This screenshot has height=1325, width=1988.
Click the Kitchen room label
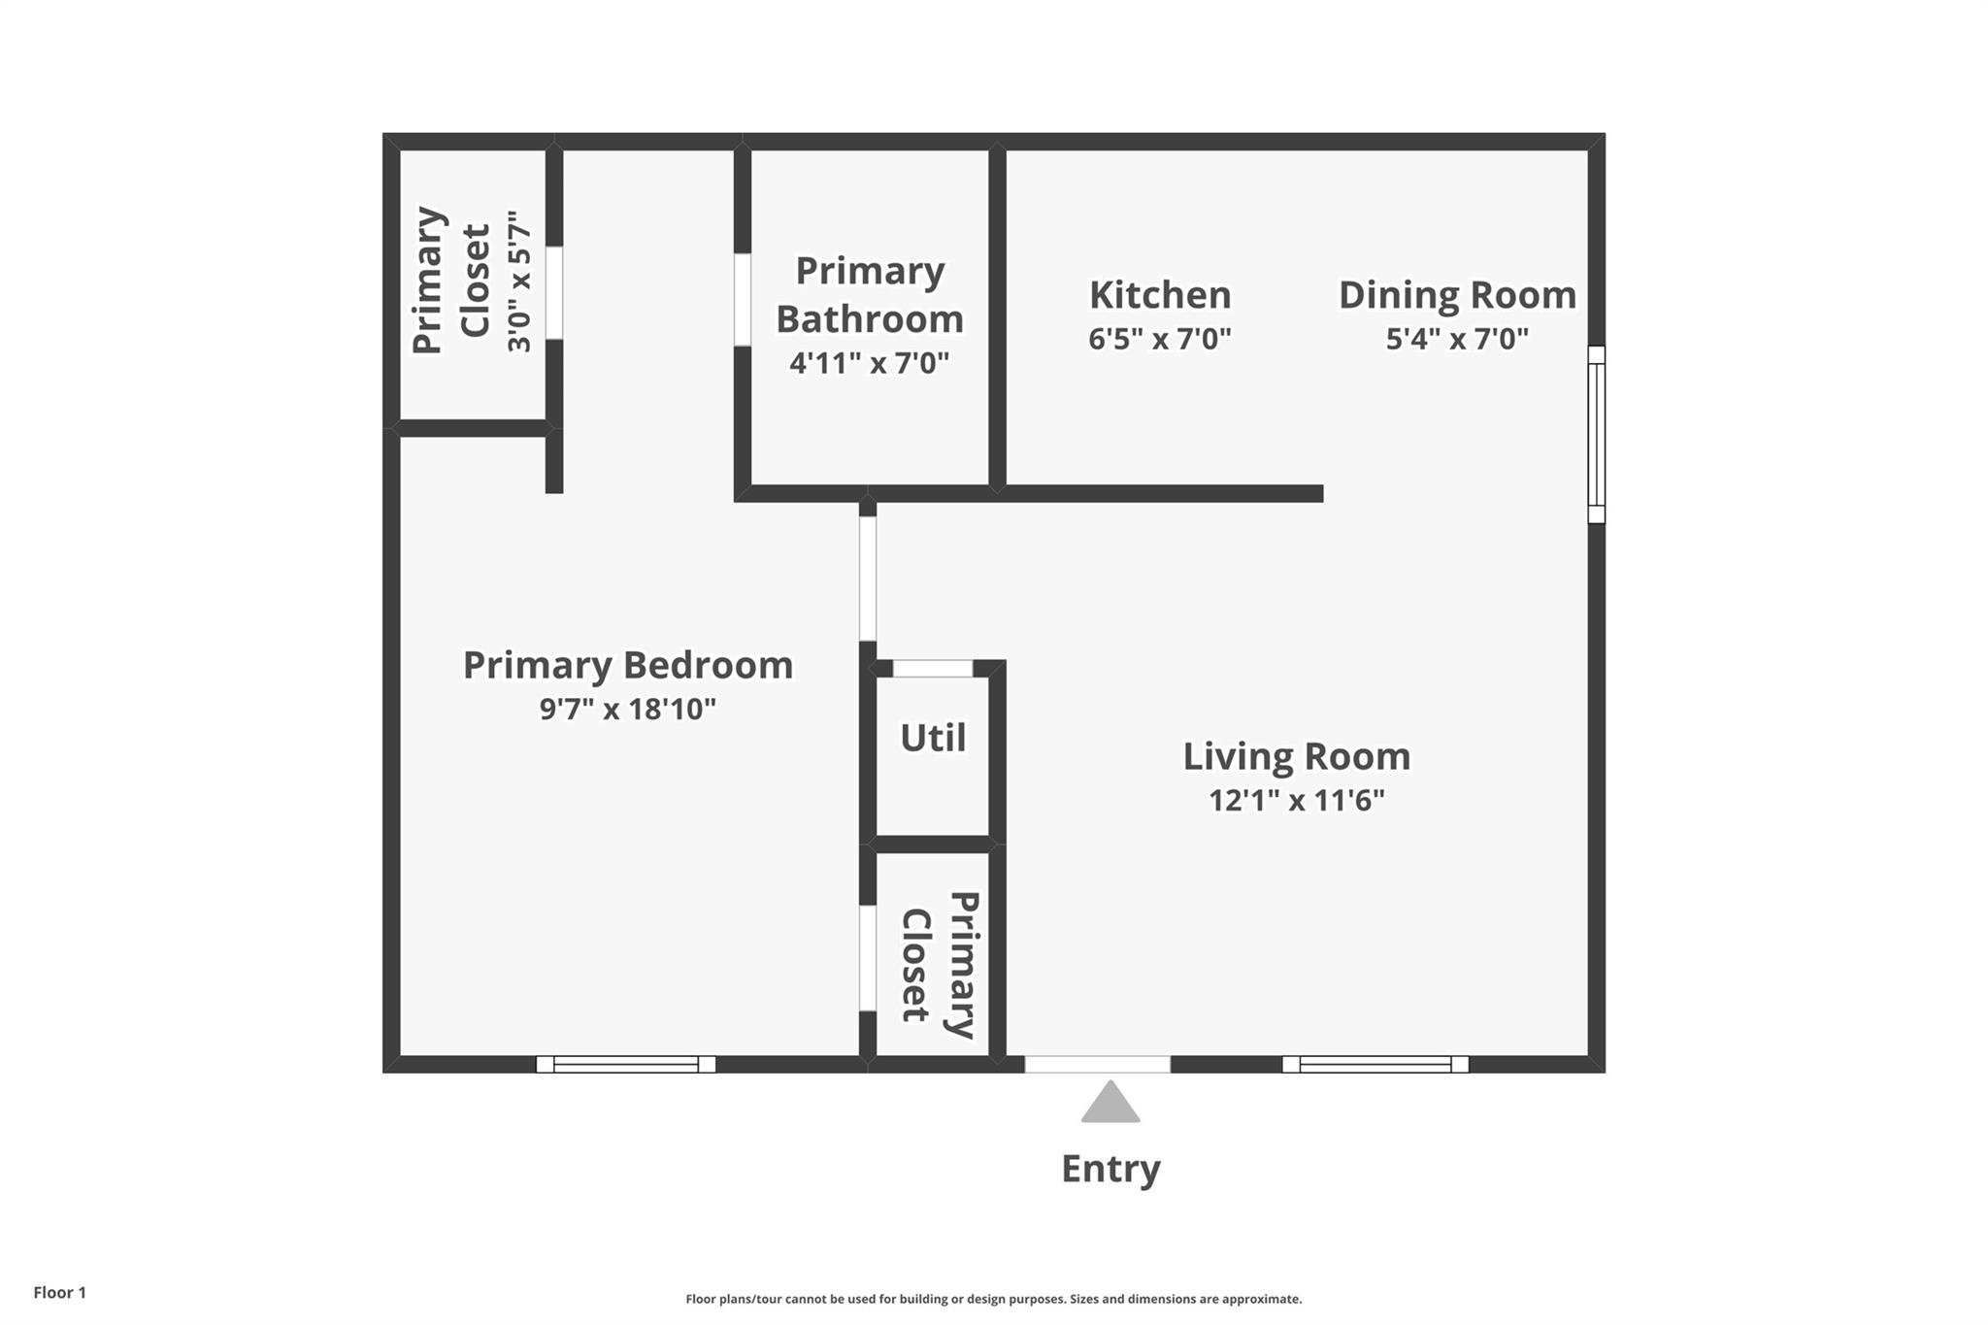coord(1159,295)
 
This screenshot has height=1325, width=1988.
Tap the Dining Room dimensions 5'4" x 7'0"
coord(1456,339)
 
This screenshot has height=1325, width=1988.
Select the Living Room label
coord(1296,756)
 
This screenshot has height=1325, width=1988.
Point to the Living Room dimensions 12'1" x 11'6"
coord(1296,801)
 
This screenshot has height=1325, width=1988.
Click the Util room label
coord(933,738)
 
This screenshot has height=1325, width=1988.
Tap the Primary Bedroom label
coord(628,665)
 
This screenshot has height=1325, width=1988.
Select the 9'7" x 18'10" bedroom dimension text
coord(628,710)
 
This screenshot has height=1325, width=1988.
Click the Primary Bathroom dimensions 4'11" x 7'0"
coord(869,363)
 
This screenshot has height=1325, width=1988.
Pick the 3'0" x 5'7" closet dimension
coord(520,282)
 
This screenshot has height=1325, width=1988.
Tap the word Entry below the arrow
coord(1110,1169)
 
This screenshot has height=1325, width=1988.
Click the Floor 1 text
coord(60,1293)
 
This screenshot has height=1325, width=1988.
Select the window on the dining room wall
coord(1596,434)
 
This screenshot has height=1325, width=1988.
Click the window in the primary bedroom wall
coord(626,1064)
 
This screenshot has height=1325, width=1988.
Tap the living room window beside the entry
coord(1375,1064)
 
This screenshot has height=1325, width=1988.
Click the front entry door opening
coord(1097,1064)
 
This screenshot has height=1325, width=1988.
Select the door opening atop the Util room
coord(932,668)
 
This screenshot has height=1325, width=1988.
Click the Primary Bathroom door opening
coord(743,299)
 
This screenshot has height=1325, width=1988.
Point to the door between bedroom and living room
coord(868,579)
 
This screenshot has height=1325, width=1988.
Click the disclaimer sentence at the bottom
coord(993,1299)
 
